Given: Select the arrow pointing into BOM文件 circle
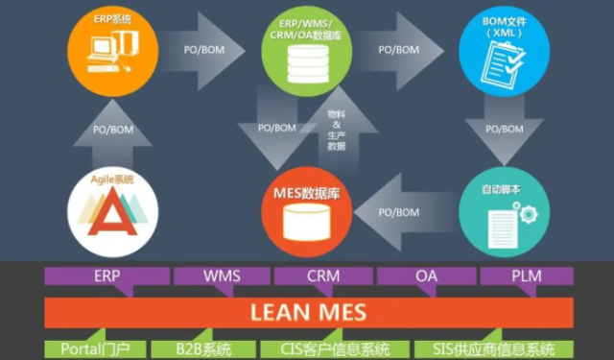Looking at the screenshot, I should click(x=397, y=49).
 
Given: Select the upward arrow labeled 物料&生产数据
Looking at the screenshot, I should click(x=336, y=130).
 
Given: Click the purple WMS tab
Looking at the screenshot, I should click(x=221, y=276).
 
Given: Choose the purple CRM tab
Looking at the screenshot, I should click(x=323, y=276).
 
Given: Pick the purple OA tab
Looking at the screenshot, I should click(x=426, y=276).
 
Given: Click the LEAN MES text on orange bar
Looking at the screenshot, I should click(x=308, y=312).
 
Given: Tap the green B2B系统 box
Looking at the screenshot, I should click(x=203, y=348).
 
